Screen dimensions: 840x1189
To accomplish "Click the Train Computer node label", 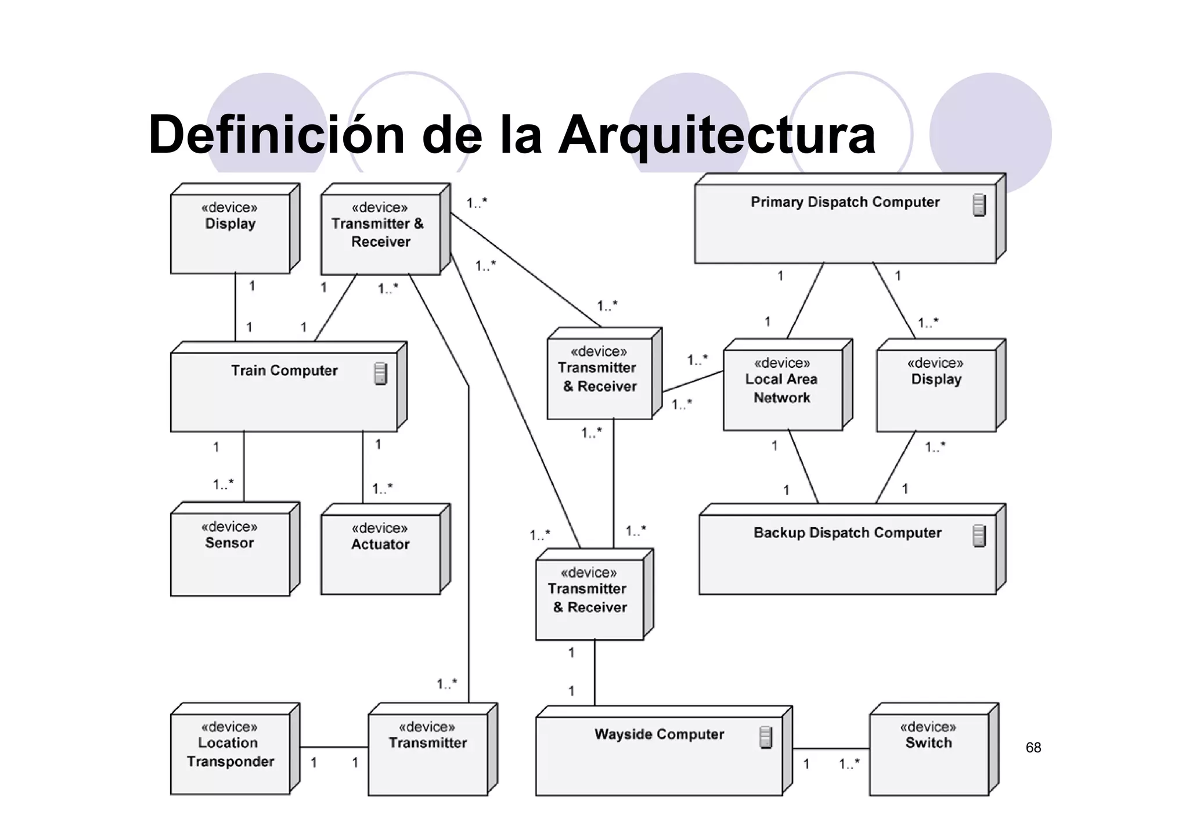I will pyautogui.click(x=284, y=370).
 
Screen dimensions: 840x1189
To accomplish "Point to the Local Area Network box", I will pyautogui.click(x=782, y=389).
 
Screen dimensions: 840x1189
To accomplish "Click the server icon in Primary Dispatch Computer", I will pyautogui.click(x=979, y=205).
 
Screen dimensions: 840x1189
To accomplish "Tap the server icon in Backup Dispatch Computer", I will pyautogui.click(x=979, y=536).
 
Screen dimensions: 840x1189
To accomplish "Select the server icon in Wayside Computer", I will pyautogui.click(x=766, y=737).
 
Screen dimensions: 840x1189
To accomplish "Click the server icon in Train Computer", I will pyautogui.click(x=380, y=373).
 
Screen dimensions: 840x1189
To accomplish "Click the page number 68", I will pyautogui.click(x=1033, y=748).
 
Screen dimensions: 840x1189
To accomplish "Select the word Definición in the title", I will pyautogui.click(x=276, y=135).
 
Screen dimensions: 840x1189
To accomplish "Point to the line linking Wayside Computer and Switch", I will pyautogui.click(x=830, y=748).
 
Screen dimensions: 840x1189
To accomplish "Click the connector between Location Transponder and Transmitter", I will pyautogui.click(x=334, y=747).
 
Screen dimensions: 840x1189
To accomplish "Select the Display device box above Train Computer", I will pyautogui.click(x=230, y=232).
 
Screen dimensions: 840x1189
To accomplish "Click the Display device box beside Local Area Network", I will pyautogui.click(x=936, y=389).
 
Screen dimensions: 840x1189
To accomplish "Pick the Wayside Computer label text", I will pyautogui.click(x=659, y=734).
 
